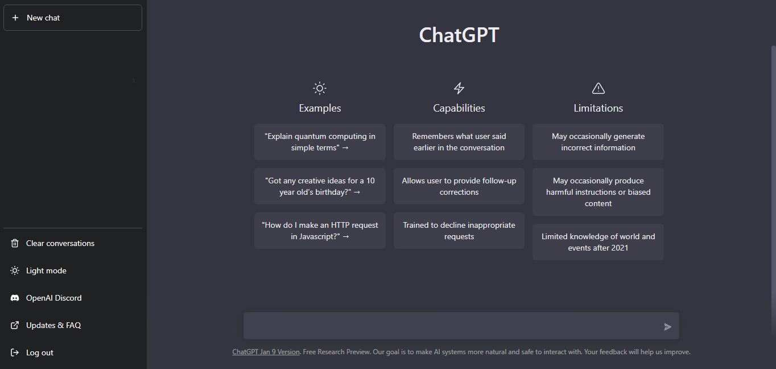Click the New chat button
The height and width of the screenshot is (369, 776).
pyautogui.click(x=73, y=18)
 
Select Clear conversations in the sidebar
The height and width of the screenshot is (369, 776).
pyautogui.click(x=60, y=243)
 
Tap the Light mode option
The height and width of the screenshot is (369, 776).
pyautogui.click(x=46, y=270)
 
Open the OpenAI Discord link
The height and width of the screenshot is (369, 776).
pyautogui.click(x=53, y=298)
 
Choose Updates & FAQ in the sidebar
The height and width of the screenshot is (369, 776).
pyautogui.click(x=53, y=325)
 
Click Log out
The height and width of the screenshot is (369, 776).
pyautogui.click(x=39, y=352)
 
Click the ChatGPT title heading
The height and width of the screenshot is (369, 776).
pyautogui.click(x=459, y=35)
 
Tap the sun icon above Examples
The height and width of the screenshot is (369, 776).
pyautogui.click(x=320, y=88)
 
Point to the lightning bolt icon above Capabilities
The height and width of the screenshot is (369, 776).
pyautogui.click(x=459, y=88)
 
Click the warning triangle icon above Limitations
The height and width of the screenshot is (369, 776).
pyautogui.click(x=598, y=88)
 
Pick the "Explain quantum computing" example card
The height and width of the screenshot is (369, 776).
pyautogui.click(x=320, y=142)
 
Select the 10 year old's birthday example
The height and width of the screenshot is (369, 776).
pyautogui.click(x=320, y=186)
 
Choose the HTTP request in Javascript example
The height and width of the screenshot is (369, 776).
pyautogui.click(x=320, y=231)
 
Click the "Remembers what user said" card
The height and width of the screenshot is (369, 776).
pyautogui.click(x=459, y=142)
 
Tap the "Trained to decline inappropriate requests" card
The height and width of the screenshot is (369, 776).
pyautogui.click(x=459, y=231)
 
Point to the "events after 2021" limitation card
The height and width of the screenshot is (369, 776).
pyautogui.click(x=598, y=242)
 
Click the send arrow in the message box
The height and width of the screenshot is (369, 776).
pyautogui.click(x=667, y=327)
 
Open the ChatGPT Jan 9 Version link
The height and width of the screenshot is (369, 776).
pyautogui.click(x=266, y=352)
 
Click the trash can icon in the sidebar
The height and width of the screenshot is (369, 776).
pyautogui.click(x=15, y=243)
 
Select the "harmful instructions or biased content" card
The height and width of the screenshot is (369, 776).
pyautogui.click(x=598, y=192)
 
